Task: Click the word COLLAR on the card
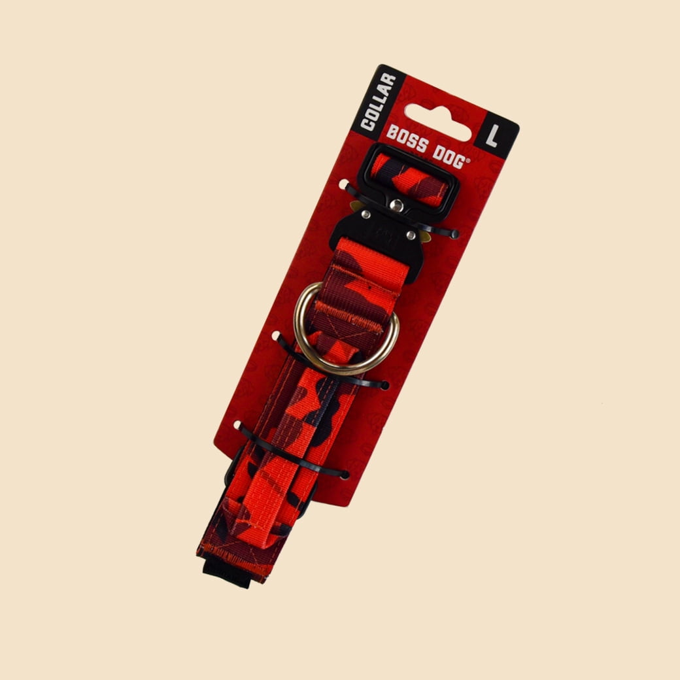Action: tap(379, 102)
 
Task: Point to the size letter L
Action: tap(492, 135)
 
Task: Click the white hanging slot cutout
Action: tap(437, 122)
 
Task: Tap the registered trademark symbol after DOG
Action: tap(468, 160)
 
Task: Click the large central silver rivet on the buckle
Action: tap(396, 205)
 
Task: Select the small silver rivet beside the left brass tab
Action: tap(366, 214)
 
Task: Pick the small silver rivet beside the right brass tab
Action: tap(411, 235)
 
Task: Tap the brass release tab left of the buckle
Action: tap(357, 206)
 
